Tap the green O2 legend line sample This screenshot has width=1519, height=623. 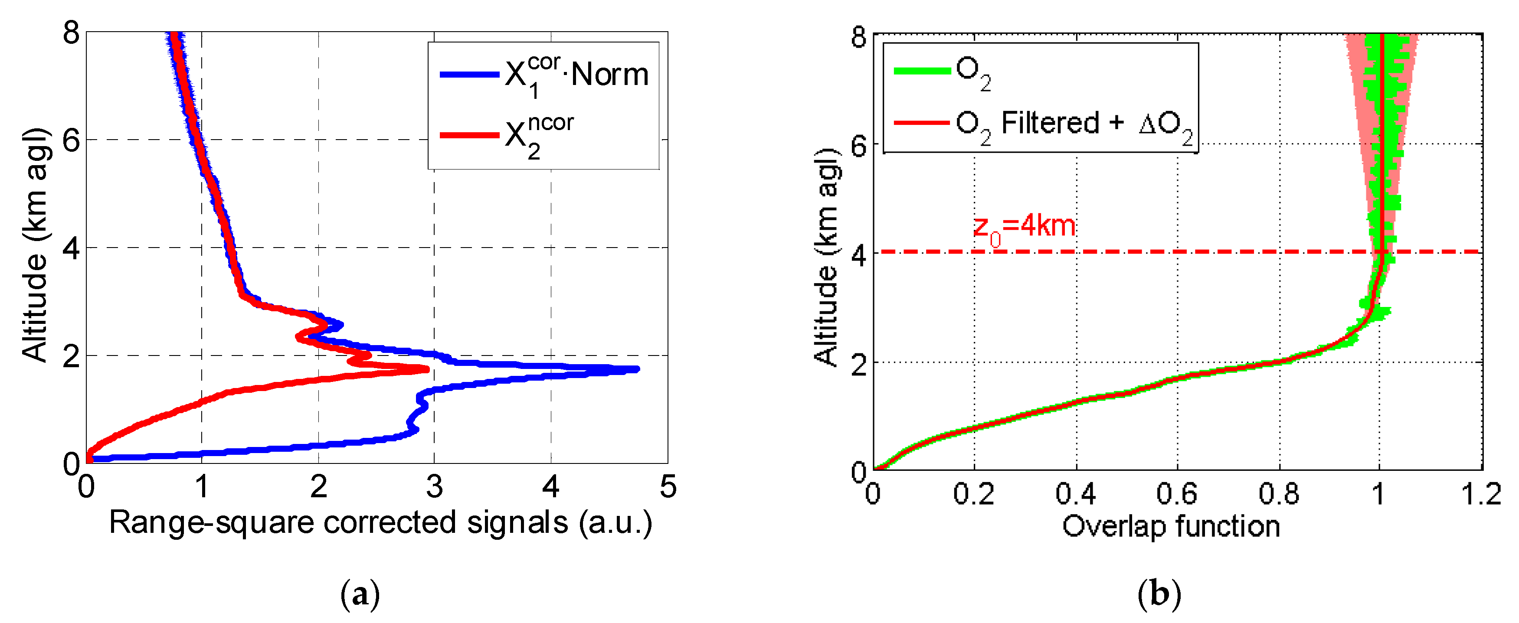(922, 71)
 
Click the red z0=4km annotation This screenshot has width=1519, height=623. (1024, 228)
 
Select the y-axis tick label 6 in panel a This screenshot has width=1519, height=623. (71, 141)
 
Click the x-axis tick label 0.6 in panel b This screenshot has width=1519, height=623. (1177, 494)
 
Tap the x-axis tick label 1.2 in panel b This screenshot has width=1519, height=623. (1481, 494)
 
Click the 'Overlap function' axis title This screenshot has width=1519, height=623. (1171, 526)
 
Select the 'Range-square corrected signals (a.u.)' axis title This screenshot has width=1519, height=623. (380, 523)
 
